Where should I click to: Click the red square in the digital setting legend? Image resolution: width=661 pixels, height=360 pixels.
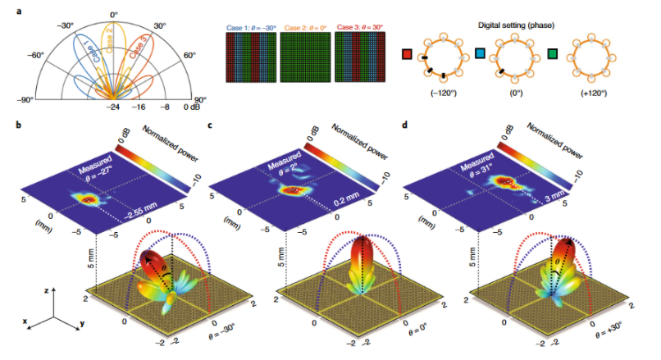[407, 55]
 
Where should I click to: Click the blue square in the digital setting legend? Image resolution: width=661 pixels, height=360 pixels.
[481, 55]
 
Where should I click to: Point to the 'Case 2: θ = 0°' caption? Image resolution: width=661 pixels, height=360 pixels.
[304, 25]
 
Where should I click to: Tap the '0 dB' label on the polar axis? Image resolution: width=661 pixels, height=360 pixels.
[194, 107]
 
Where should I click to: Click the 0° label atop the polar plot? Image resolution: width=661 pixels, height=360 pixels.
[114, 14]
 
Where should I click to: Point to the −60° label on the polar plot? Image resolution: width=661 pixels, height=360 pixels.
[34, 56]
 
